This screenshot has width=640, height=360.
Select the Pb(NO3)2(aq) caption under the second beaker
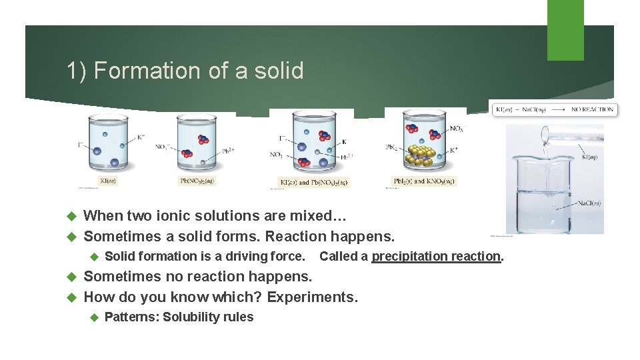click(198, 180)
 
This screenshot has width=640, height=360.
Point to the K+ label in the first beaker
click(141, 137)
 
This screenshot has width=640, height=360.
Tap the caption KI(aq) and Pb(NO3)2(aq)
click(313, 182)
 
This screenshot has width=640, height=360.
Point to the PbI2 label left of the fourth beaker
click(393, 147)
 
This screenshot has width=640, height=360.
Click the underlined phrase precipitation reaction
click(436, 257)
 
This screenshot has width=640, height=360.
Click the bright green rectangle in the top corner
click(565, 30)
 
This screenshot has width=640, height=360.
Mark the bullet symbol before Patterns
click(94, 317)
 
